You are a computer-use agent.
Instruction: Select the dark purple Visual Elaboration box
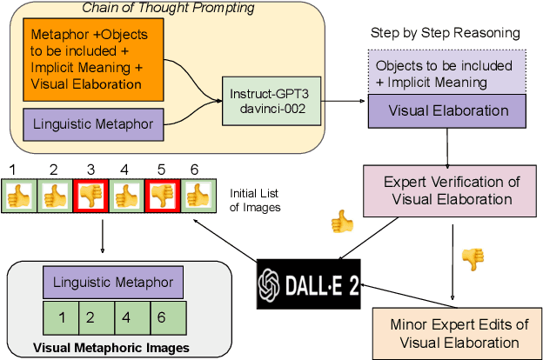coord(447,110)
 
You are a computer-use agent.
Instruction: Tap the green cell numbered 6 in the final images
coord(167,317)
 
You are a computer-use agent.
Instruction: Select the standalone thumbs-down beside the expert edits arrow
coord(473,258)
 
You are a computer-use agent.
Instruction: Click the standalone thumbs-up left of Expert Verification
coord(342,223)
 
